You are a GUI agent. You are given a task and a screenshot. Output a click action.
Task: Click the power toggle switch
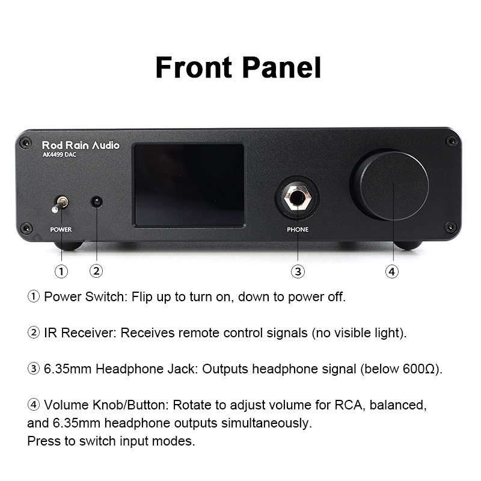click(60, 204)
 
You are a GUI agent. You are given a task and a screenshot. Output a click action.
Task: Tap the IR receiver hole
click(97, 202)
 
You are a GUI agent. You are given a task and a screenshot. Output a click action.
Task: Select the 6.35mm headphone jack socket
click(298, 198)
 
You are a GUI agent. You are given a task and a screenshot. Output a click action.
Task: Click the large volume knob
click(391, 185)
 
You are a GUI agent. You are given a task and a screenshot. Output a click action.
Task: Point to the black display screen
click(189, 185)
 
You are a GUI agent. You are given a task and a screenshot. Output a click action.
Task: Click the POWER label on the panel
click(61, 230)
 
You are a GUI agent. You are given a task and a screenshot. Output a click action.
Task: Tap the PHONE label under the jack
click(298, 230)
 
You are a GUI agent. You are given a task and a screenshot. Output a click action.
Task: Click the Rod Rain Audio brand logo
click(81, 145)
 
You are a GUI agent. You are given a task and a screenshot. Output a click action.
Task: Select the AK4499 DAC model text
click(59, 155)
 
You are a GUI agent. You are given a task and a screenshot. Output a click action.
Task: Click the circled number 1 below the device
click(61, 272)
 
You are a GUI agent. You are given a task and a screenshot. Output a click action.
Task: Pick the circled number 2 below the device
click(96, 271)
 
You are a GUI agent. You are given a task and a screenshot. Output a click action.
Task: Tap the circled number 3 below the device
click(298, 272)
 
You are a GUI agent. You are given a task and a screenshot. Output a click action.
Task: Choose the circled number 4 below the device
click(392, 272)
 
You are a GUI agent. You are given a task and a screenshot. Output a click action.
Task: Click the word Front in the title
click(194, 67)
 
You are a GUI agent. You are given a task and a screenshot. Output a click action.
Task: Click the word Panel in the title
click(282, 67)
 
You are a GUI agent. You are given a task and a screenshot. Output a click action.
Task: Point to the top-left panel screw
click(25, 142)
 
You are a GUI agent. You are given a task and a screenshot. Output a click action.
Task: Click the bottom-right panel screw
click(451, 228)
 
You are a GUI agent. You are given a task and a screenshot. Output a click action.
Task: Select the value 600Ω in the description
click(419, 369)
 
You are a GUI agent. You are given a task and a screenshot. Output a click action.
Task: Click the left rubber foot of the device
click(69, 245)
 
